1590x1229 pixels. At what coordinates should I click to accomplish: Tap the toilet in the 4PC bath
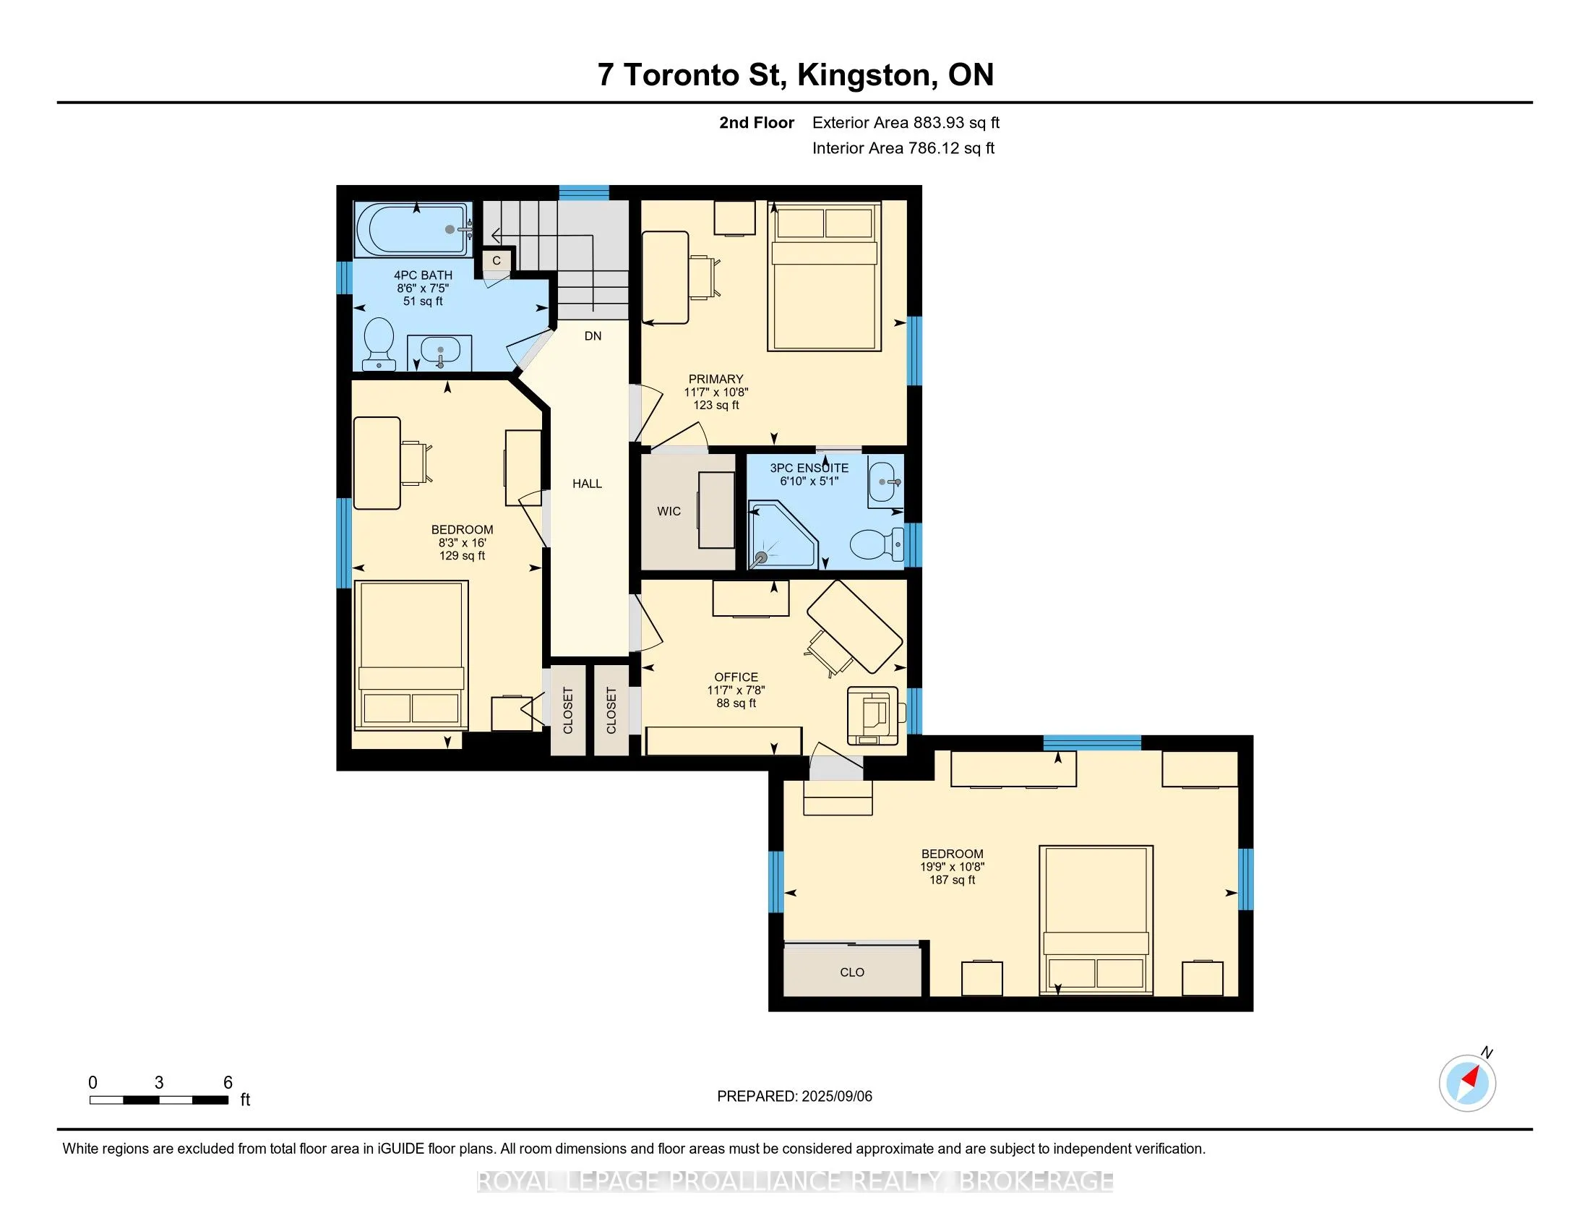tap(379, 343)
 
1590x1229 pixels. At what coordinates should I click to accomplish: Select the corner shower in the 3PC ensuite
tap(783, 534)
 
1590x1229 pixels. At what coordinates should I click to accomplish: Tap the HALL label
tap(587, 484)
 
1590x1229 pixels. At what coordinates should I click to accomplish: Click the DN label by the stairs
tap(593, 335)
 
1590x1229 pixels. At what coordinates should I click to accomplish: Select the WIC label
tap(669, 511)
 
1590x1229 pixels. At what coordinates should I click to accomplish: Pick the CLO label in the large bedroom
tap(852, 972)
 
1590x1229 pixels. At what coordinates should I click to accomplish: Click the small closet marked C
tap(497, 261)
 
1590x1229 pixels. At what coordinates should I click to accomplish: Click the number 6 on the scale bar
tap(228, 1083)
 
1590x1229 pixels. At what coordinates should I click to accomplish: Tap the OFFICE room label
tap(736, 677)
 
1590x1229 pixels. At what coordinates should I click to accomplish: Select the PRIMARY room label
tap(715, 379)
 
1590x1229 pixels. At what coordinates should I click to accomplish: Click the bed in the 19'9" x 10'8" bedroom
tap(1096, 920)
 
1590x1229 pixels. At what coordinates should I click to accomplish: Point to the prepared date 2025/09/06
tap(835, 1097)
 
